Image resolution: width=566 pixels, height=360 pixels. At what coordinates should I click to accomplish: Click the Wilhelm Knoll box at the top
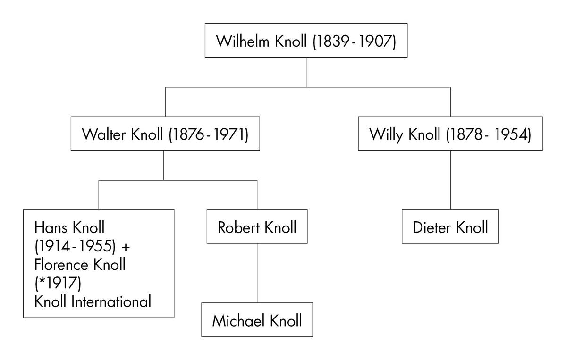pos(306,40)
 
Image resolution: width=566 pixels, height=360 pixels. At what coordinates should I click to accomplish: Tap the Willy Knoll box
pos(450,134)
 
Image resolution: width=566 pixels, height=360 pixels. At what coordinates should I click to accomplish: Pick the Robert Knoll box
pos(257,227)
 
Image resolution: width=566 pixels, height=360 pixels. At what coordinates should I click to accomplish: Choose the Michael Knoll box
pos(257,320)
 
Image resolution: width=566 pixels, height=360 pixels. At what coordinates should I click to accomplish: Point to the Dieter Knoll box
pos(450,227)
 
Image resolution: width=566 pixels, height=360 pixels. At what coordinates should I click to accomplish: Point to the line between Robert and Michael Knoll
pos(257,273)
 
